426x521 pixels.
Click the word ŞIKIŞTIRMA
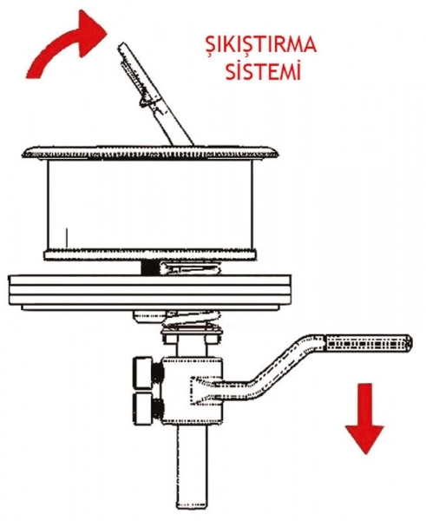click(x=261, y=46)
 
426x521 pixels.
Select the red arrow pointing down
click(x=365, y=419)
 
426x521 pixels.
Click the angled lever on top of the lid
click(x=154, y=95)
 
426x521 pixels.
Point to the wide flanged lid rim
click(x=150, y=153)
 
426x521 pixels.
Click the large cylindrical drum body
click(x=150, y=205)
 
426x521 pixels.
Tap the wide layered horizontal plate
click(x=149, y=292)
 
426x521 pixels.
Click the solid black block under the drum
click(x=149, y=267)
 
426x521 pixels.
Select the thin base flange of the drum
click(x=150, y=255)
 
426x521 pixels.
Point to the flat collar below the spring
click(x=191, y=333)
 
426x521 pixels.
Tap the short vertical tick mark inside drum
click(x=67, y=237)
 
